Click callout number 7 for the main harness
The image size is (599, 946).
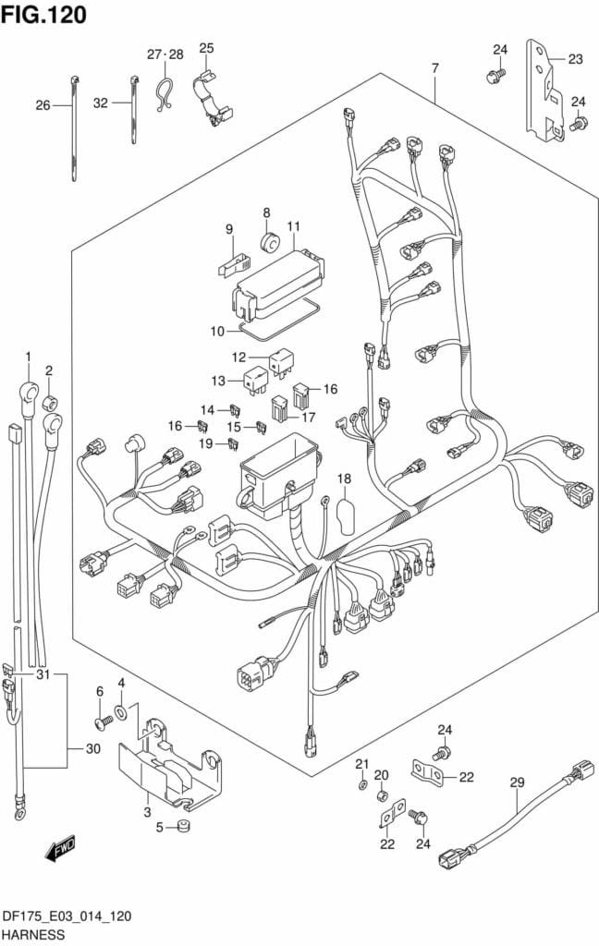coord(434,68)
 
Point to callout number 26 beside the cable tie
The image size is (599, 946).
coord(43,105)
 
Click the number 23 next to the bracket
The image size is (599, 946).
coord(575,60)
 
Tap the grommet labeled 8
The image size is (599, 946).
coord(271,242)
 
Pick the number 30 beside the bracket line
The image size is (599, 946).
coord(92,749)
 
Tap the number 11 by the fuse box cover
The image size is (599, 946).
coord(293,227)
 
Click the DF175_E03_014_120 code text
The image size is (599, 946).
coord(65,916)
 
